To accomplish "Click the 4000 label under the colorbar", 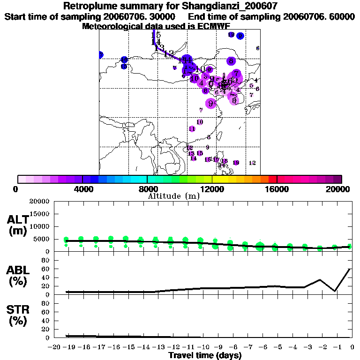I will click(x=82, y=189).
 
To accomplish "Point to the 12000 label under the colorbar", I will click(x=212, y=189).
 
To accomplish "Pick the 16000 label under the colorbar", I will click(x=277, y=189).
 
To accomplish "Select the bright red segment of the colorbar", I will click(x=273, y=179).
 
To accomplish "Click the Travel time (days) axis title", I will click(x=205, y=355).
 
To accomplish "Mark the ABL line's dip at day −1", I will click(x=335, y=291).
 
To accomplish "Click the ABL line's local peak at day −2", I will click(x=320, y=280).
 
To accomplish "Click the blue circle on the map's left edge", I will click(x=100, y=55).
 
